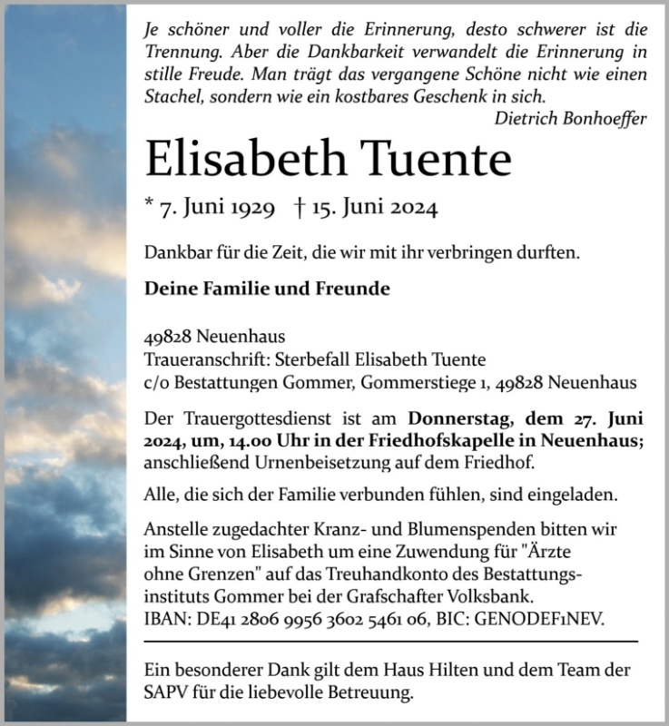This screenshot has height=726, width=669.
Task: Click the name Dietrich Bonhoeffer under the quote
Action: pos(571,119)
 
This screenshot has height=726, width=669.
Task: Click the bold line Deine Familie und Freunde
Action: pos(267,289)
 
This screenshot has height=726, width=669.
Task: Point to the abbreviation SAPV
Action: pos(165,694)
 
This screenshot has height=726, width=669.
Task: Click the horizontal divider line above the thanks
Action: pos(390,642)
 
